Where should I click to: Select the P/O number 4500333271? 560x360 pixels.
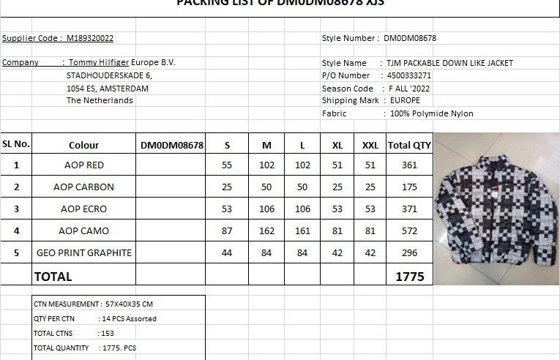click(408, 75)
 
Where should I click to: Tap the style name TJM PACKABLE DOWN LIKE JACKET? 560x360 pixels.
click(451, 63)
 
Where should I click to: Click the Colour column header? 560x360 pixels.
click(83, 145)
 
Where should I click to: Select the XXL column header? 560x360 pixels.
click(370, 145)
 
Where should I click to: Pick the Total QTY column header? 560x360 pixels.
click(409, 145)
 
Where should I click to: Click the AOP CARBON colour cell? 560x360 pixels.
click(83, 187)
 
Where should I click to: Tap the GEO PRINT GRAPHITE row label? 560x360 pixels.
click(84, 252)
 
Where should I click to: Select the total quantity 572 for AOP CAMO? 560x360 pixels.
click(409, 230)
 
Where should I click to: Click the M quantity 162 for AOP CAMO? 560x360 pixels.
click(266, 230)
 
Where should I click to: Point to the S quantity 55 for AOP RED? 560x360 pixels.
click(227, 165)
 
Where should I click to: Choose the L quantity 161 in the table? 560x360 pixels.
click(302, 230)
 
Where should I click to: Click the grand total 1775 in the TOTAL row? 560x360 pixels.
click(409, 277)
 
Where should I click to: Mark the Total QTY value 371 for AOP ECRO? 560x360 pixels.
click(409, 209)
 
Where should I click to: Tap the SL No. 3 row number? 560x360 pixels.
click(16, 209)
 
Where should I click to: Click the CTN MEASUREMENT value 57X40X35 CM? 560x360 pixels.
click(129, 304)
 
